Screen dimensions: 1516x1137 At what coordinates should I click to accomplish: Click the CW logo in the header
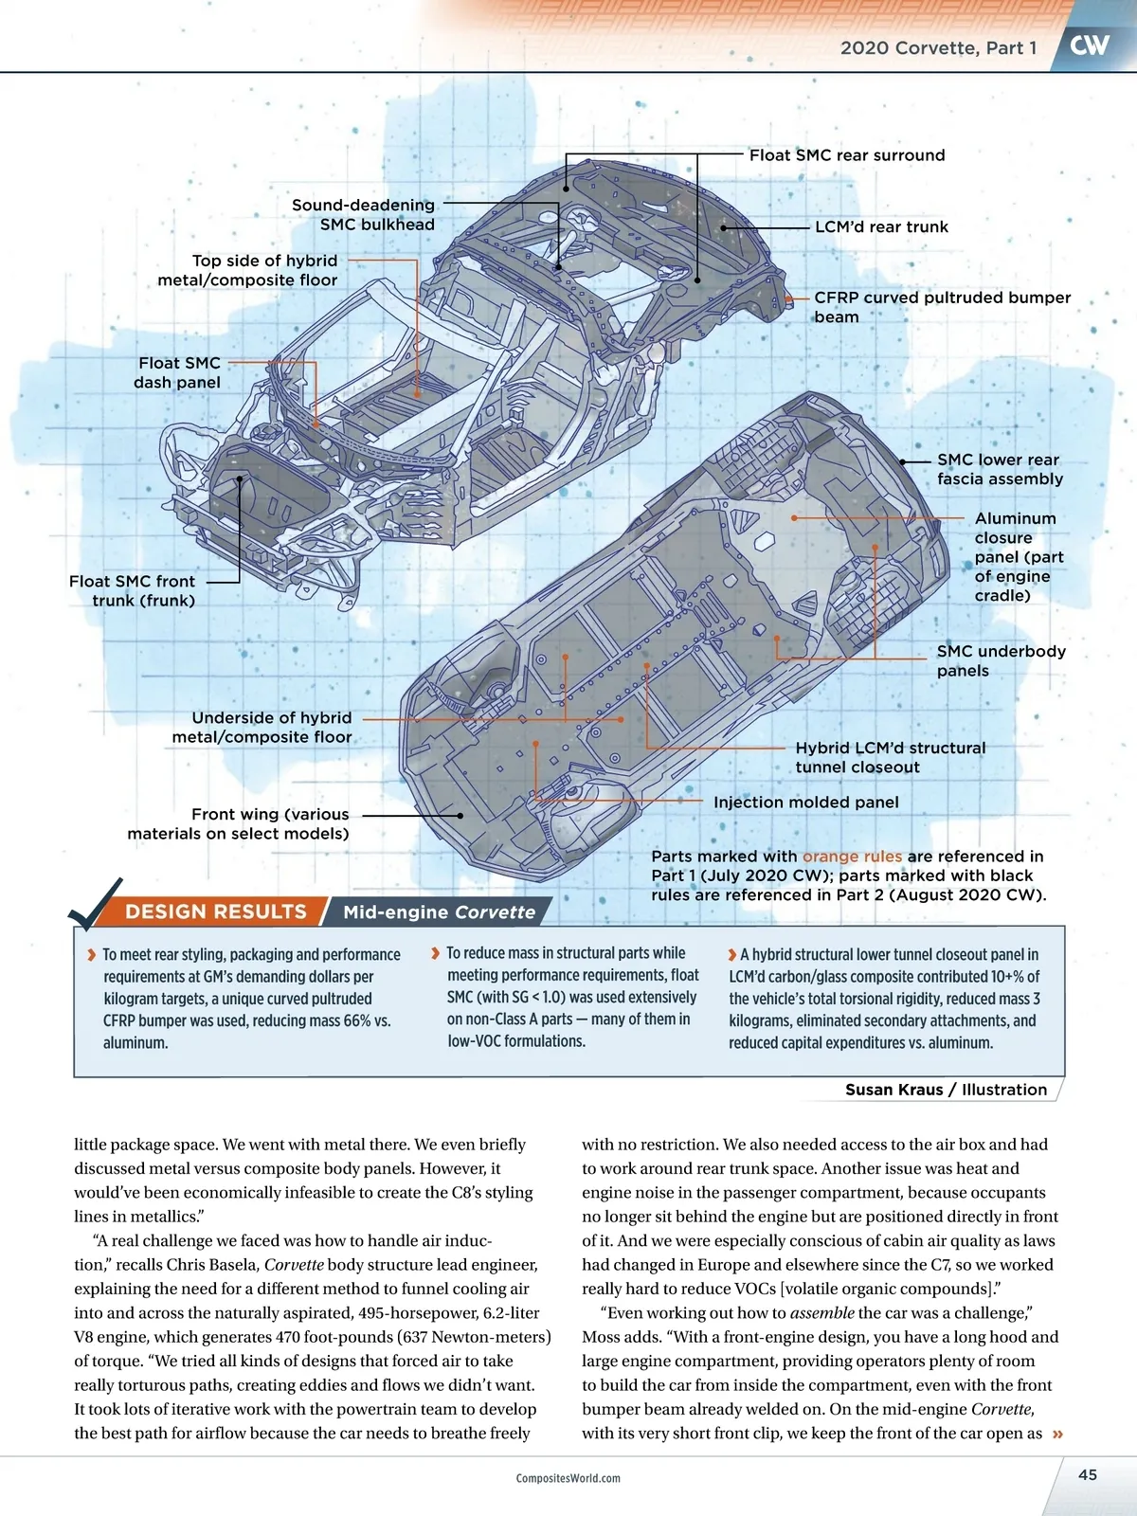tap(1089, 45)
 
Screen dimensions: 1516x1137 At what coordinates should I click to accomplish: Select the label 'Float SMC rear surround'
tap(846, 155)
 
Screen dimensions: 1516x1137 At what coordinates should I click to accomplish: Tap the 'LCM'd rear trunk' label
tap(881, 227)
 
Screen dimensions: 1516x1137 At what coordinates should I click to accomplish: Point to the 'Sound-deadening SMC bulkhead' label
tap(364, 215)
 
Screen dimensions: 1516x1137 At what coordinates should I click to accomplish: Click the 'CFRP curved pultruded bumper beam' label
tap(942, 307)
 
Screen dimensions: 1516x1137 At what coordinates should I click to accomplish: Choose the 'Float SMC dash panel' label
tap(178, 372)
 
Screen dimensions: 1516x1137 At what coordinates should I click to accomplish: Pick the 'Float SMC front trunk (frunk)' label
tap(133, 590)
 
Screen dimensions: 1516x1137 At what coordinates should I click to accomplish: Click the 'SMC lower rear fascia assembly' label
tap(1000, 469)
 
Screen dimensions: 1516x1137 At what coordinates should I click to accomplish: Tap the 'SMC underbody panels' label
tap(1001, 660)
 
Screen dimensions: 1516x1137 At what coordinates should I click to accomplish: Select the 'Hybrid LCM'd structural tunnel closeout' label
tap(890, 757)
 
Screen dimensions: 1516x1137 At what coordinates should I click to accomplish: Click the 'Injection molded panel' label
tap(805, 803)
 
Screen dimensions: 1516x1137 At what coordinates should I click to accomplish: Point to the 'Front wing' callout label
tap(239, 823)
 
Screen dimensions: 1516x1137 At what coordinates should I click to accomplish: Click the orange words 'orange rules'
tap(852, 857)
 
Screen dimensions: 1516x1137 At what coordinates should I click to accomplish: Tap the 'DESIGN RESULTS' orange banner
tap(216, 911)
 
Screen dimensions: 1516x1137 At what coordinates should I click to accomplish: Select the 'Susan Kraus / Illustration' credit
tap(946, 1090)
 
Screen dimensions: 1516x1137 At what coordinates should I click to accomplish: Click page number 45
tap(1087, 1474)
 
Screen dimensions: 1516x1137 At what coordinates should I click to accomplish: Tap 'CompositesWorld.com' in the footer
tap(568, 1478)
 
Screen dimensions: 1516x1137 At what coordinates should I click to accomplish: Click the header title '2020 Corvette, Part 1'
tap(938, 48)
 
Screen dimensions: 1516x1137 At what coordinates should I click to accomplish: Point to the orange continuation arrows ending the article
tap(1057, 1434)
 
